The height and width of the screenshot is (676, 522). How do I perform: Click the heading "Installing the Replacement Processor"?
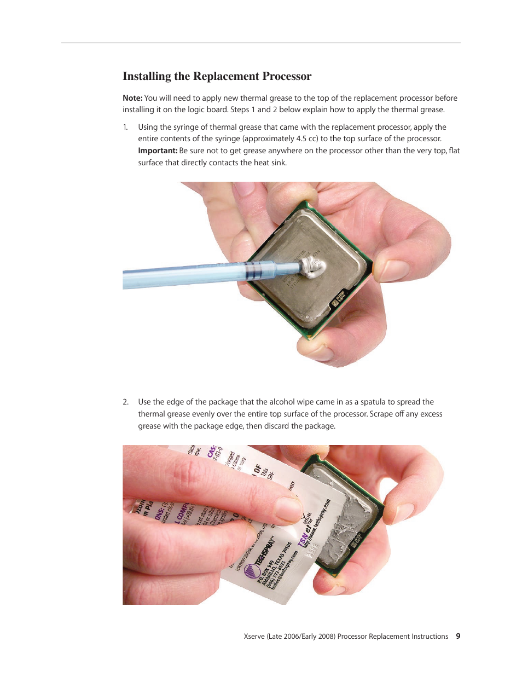click(x=217, y=76)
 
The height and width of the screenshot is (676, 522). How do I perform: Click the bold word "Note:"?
click(x=132, y=98)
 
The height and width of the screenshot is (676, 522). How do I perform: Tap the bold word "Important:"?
click(x=158, y=151)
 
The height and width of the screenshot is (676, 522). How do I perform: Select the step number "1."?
click(x=125, y=127)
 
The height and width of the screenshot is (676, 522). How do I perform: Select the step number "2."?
click(x=125, y=402)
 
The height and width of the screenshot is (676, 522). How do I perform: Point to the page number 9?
click(x=458, y=636)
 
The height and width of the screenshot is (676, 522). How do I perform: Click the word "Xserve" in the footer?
click(x=254, y=636)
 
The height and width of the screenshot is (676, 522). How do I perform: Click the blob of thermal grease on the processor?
click(x=314, y=267)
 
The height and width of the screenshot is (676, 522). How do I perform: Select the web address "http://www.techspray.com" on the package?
click(x=317, y=522)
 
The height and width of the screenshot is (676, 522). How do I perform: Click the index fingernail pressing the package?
click(x=288, y=509)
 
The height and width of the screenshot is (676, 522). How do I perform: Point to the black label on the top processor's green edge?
click(x=338, y=298)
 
